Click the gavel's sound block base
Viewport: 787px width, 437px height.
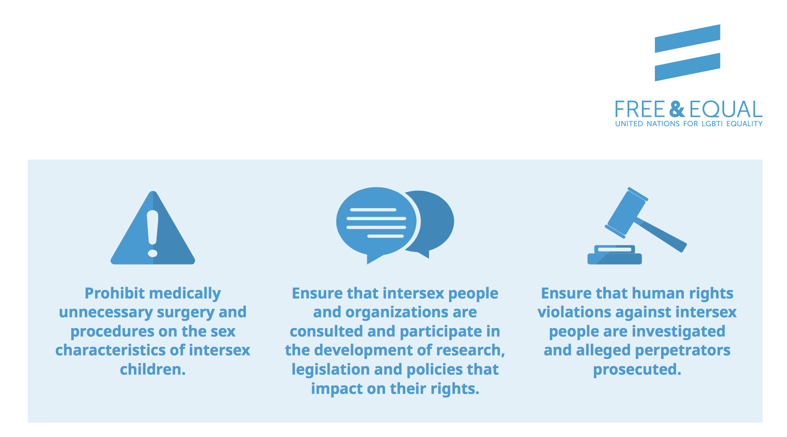coord(614,255)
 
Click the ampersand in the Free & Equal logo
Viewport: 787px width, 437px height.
coord(677,109)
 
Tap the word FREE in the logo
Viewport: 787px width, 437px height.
coord(640,109)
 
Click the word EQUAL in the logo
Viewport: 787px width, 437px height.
coord(726,109)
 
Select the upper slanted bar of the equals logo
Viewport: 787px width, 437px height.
coord(688,39)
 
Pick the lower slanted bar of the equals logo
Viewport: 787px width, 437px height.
coord(688,67)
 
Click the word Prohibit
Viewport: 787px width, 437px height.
coord(115,293)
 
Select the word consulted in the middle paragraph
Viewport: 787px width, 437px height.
coord(326,331)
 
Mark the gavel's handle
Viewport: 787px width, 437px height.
coord(661,235)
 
